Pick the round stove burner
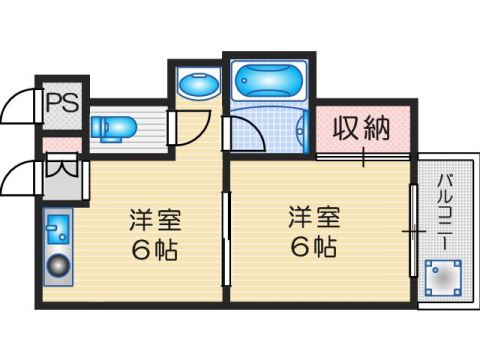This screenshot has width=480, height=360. coord(58,268)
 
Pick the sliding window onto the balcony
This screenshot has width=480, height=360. coord(412,230)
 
